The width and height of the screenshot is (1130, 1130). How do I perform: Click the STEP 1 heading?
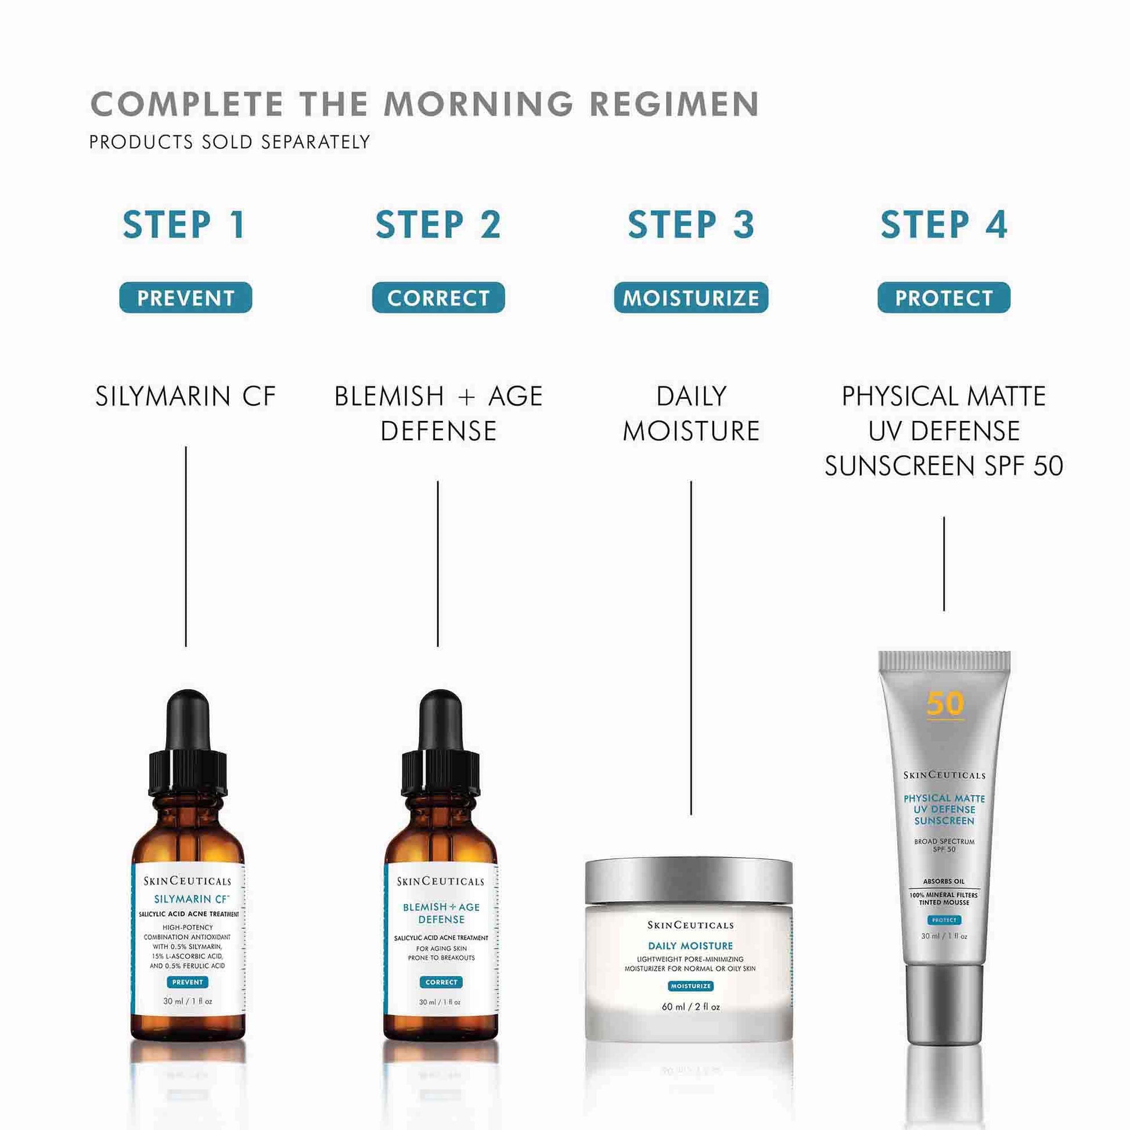tap(184, 225)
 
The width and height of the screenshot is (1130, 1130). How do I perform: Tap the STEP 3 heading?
tap(691, 225)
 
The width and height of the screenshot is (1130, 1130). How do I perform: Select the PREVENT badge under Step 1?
tap(185, 298)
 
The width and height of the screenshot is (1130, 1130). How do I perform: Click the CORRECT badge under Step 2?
tap(438, 298)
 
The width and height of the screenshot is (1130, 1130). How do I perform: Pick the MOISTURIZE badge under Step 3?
tap(691, 298)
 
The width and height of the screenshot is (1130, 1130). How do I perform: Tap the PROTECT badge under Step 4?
tap(944, 298)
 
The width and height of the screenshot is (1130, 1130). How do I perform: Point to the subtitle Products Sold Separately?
tap(229, 142)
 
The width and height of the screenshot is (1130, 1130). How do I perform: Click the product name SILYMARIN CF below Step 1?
tap(185, 397)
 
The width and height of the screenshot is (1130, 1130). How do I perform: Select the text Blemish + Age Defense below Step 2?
tap(438, 413)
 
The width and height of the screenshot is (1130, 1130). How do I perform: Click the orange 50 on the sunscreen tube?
tap(945, 704)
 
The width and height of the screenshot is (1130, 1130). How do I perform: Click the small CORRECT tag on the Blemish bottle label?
tap(441, 982)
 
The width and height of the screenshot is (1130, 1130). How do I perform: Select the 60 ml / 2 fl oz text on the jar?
tap(690, 1006)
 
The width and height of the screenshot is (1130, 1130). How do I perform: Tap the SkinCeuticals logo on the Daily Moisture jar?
tap(690, 924)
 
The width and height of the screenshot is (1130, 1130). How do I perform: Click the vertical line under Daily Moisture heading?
tap(691, 648)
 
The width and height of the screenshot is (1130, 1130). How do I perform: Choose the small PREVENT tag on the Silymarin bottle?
tap(187, 982)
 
